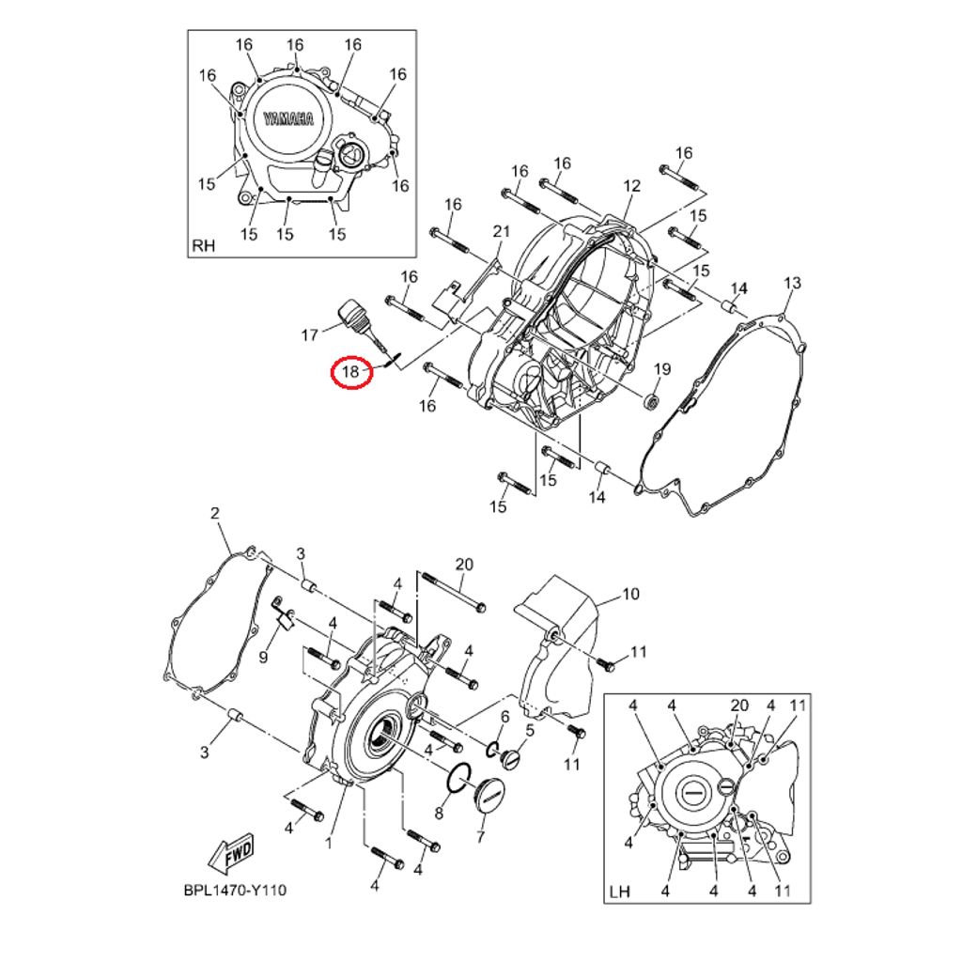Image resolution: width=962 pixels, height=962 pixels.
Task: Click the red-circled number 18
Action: click(351, 372)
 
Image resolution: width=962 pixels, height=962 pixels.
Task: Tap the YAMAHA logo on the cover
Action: click(288, 118)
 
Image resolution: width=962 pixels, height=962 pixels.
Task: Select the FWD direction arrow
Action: click(231, 853)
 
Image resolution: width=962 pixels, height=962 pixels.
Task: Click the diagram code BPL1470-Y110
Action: click(235, 891)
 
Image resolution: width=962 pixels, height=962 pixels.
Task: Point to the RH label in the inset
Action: click(204, 246)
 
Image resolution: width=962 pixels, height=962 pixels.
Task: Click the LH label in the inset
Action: click(620, 892)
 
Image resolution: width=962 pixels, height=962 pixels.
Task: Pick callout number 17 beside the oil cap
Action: click(310, 335)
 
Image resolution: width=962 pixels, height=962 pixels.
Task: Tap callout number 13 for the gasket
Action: click(793, 283)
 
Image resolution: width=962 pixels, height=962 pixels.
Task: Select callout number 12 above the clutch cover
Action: click(631, 185)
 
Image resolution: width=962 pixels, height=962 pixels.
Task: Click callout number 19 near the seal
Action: click(662, 368)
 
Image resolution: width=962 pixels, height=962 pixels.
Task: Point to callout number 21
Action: click(502, 231)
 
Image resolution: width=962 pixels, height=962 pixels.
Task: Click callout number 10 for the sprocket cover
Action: click(630, 594)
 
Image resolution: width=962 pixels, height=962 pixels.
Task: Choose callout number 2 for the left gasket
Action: click(215, 514)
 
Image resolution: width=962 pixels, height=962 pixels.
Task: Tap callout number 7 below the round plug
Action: click(480, 836)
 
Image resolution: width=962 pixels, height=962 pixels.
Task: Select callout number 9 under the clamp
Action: click(263, 657)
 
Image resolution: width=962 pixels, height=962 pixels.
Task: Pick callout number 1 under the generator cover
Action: click(328, 844)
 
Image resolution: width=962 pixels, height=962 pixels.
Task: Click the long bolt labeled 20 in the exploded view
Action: click(453, 592)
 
